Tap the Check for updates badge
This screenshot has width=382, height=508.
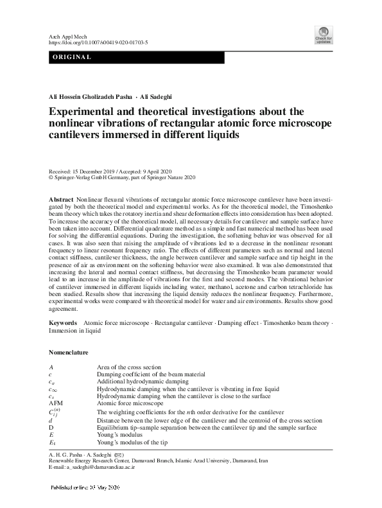coord(323,35)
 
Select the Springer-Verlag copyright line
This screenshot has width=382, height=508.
coord(121,178)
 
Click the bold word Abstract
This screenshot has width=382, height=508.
coord(62,200)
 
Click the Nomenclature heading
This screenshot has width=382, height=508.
coord(69,353)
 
